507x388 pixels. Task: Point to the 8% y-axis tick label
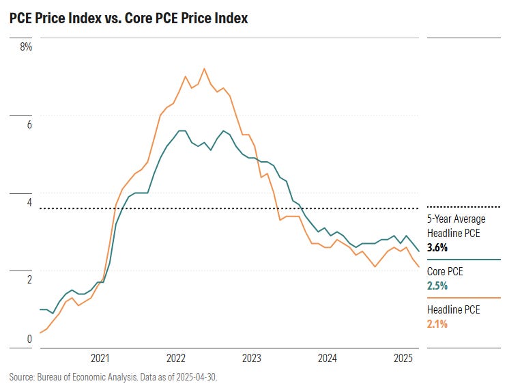click(x=26, y=47)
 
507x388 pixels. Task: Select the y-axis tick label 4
click(x=28, y=202)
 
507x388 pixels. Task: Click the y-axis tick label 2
click(x=28, y=279)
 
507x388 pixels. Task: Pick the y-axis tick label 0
click(x=29, y=338)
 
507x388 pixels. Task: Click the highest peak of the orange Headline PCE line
click(x=204, y=68)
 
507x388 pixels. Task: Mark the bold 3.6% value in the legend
click(x=437, y=248)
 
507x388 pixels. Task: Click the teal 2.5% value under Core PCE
click(x=437, y=286)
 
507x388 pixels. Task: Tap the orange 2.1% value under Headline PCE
click(x=437, y=324)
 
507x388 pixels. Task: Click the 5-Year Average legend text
click(x=457, y=219)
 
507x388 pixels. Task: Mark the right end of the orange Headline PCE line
click(x=418, y=267)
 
